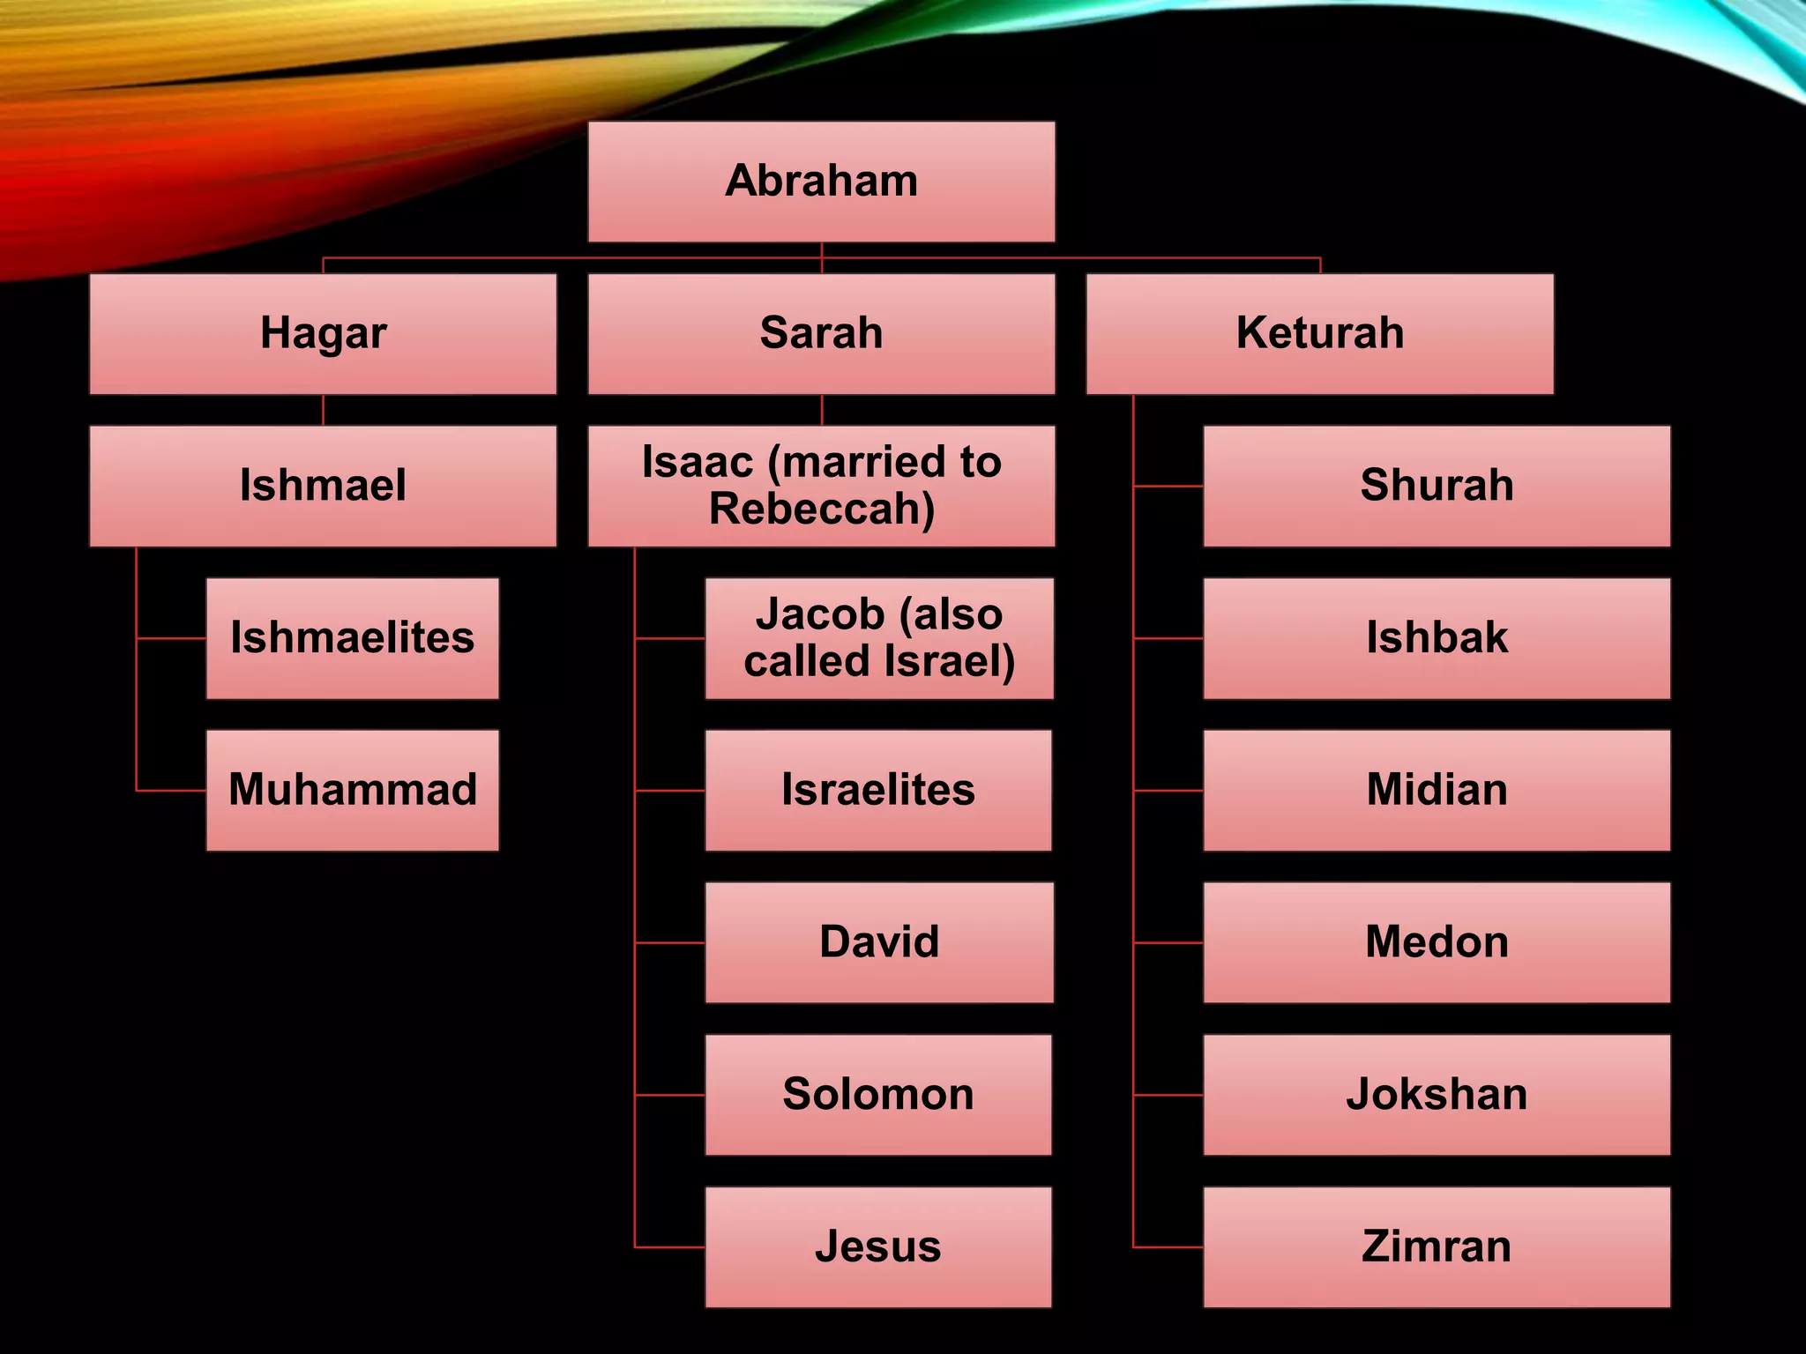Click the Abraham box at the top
[x=821, y=182]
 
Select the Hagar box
[x=323, y=333]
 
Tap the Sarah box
[x=821, y=333]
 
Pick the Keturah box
[x=1319, y=333]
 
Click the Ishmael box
[x=323, y=486]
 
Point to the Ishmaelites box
[x=352, y=638]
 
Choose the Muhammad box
[x=352, y=790]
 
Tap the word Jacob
[x=819, y=614]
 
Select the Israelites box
[x=878, y=790]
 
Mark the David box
[x=878, y=942]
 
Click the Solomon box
[x=878, y=1095]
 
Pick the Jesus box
[x=878, y=1246]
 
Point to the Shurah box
[x=1437, y=486]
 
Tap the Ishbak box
[x=1437, y=638]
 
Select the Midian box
[x=1437, y=790]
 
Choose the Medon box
[x=1437, y=942]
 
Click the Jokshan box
[x=1437, y=1095]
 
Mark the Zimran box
[x=1437, y=1246]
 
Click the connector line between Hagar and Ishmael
[x=323, y=410]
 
